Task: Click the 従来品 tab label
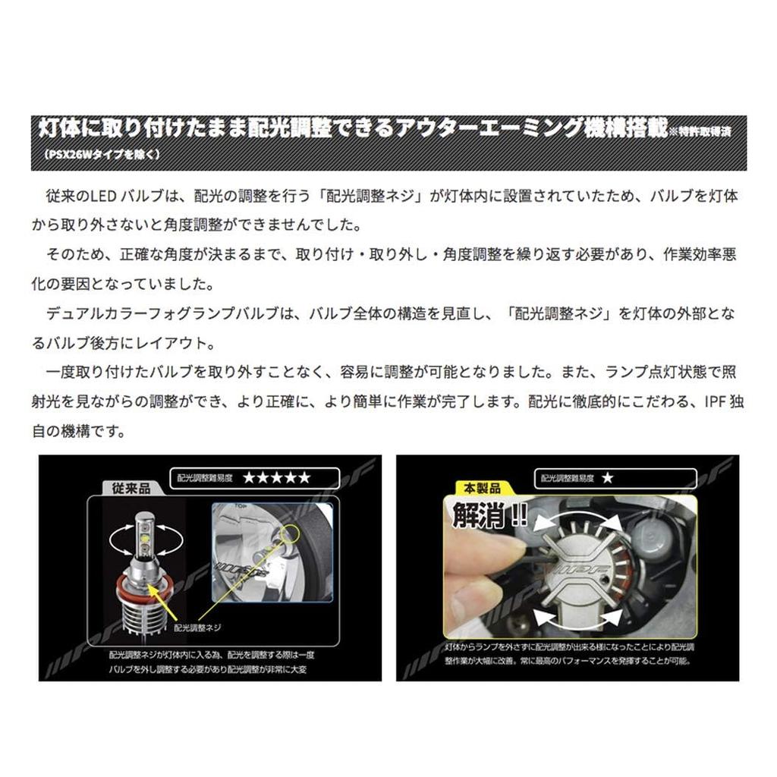(127, 489)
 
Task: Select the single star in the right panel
(606, 479)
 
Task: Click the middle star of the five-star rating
(276, 478)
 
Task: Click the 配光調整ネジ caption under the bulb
(198, 628)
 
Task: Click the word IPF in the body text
(709, 404)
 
